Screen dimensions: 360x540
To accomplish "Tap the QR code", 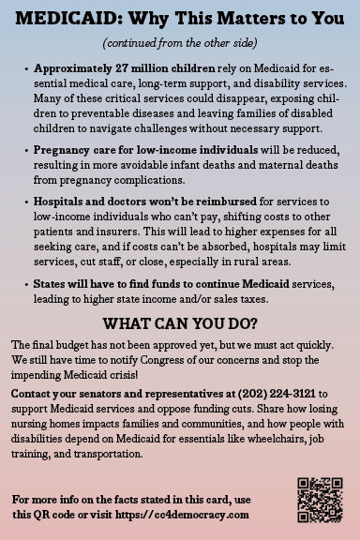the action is tap(320, 499).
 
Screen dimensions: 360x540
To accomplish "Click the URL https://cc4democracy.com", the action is tap(187, 514).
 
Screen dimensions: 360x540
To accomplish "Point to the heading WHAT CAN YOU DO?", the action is tap(180, 324).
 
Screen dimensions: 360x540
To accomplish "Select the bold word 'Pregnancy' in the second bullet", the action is tap(64, 151).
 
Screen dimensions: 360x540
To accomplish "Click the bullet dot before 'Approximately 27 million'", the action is tap(23, 69).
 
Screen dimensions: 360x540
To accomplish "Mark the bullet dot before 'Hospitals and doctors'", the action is tap(23, 200).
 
